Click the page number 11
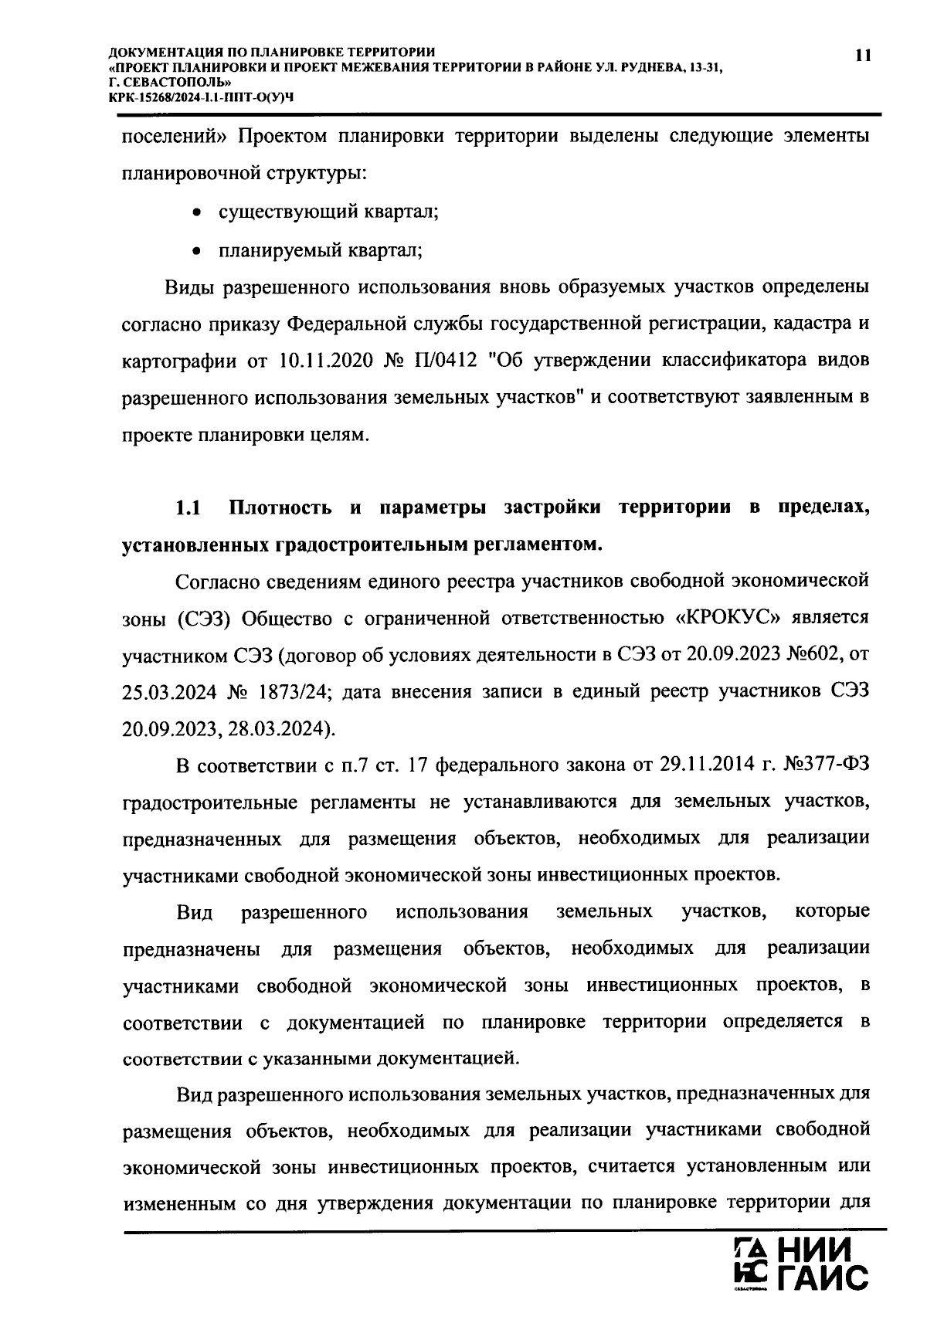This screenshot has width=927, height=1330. pos(862,54)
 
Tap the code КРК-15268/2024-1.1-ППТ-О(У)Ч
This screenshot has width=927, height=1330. pos(202,93)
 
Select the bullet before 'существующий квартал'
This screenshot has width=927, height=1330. pos(198,212)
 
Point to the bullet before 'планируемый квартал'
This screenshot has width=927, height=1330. pos(198,250)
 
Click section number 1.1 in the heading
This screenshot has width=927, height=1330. pos(188,508)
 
